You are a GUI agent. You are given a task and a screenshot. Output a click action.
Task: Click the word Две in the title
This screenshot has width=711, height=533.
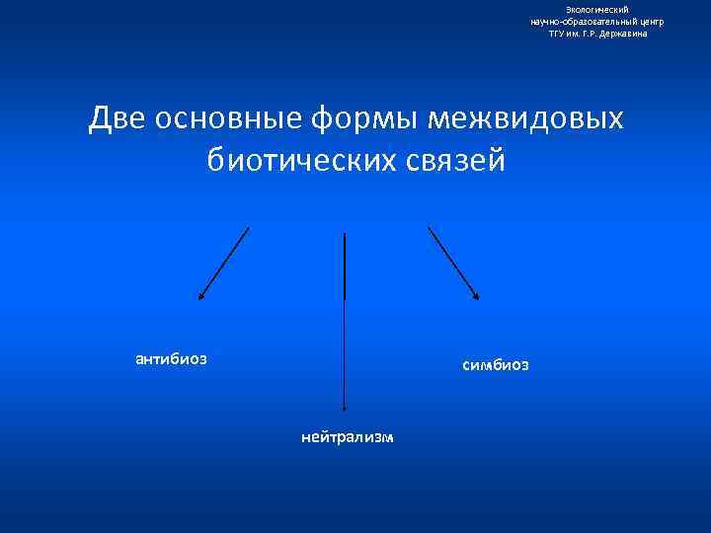[x=115, y=119]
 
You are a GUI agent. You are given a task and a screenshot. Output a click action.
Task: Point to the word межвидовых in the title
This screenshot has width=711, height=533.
[x=525, y=119]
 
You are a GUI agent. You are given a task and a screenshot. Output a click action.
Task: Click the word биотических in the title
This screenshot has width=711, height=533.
[x=297, y=159]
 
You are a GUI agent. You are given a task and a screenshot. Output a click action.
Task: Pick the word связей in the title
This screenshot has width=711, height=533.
[x=451, y=159]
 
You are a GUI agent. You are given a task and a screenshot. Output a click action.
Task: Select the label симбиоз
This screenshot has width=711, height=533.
[x=495, y=365]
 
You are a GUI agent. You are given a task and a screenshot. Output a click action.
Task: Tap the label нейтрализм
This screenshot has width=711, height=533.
[x=348, y=435]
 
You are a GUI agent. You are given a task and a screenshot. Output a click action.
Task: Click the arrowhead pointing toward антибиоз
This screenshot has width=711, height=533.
[x=200, y=294]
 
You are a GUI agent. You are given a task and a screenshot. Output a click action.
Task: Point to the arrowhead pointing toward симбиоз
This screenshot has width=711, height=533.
[x=476, y=294]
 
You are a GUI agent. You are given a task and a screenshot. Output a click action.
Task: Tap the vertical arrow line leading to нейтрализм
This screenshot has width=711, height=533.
[x=344, y=316]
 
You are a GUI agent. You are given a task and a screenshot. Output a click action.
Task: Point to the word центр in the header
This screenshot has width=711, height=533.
[x=651, y=21]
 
